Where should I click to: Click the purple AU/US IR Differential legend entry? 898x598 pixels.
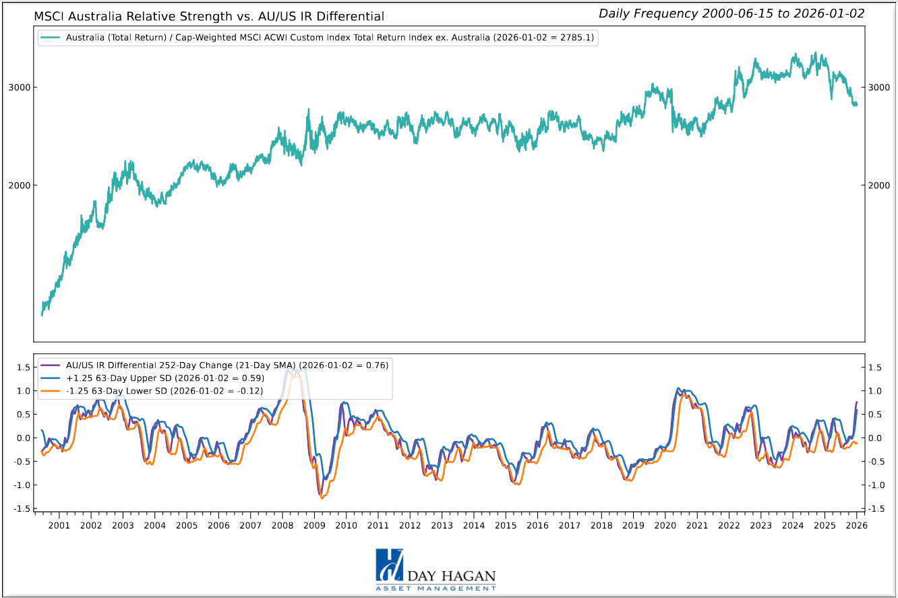tap(227, 365)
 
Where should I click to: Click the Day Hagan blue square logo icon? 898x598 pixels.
tap(389, 565)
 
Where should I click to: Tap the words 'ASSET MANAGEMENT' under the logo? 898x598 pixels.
tap(436, 589)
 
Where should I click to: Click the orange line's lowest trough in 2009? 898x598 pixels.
tap(322, 498)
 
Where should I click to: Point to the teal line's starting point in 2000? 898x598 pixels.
tap(42, 314)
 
